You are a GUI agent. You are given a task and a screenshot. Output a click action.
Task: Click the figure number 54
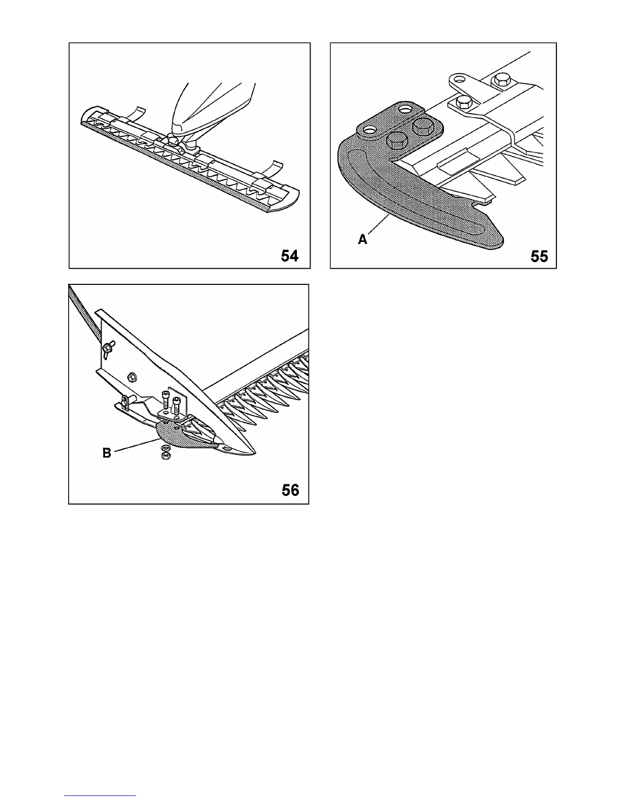289,256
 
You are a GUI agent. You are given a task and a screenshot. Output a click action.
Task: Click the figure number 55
539,257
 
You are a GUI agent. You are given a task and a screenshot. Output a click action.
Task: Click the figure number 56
290,490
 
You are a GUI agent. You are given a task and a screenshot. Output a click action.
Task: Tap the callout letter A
363,240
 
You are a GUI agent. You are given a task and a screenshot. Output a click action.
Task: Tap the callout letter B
107,453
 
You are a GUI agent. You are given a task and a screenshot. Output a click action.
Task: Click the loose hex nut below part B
164,456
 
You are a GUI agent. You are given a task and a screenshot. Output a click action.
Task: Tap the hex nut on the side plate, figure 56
132,376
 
